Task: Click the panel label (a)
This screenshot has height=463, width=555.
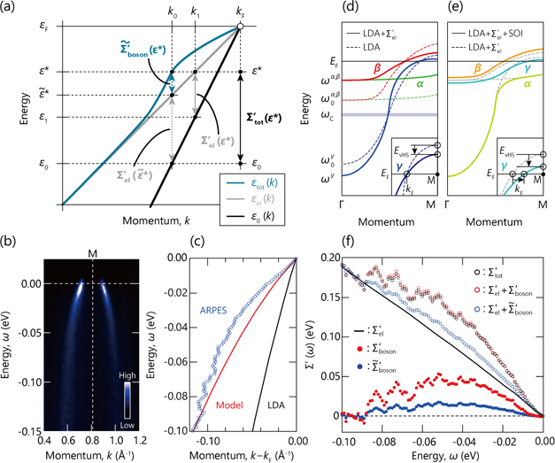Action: click(11, 8)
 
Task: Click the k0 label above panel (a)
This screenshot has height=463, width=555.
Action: click(167, 10)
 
